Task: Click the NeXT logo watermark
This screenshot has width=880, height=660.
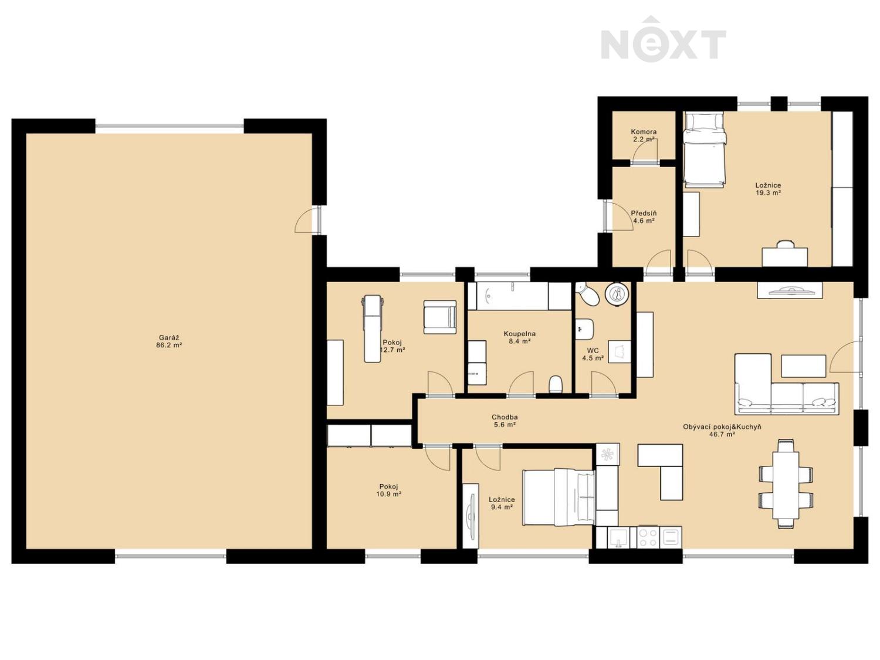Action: click(663, 40)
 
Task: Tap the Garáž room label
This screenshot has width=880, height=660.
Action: click(169, 337)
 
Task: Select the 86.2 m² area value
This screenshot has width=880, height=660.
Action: click(169, 344)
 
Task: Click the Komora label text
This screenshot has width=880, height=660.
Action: click(644, 132)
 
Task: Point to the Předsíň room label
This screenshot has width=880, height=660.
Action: click(644, 213)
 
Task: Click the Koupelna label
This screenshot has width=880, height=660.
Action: click(520, 334)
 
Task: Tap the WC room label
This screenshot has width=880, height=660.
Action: click(593, 351)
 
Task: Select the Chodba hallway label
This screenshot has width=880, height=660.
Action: click(505, 417)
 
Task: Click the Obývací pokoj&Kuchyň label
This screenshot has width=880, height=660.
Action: click(722, 427)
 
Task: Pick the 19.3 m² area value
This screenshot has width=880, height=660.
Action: click(768, 193)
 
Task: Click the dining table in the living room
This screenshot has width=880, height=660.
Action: click(786, 485)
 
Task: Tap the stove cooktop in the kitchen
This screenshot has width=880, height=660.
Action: click(648, 537)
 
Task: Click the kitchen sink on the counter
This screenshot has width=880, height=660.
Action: click(619, 538)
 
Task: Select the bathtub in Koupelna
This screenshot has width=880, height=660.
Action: click(507, 296)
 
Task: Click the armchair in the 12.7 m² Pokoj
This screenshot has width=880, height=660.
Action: click(440, 317)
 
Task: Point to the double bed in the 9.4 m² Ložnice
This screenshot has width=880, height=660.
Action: click(558, 497)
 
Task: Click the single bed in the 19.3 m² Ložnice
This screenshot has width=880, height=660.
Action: click(705, 150)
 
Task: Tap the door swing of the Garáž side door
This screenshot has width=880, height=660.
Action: click(303, 221)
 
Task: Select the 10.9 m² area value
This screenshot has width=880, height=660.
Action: click(388, 494)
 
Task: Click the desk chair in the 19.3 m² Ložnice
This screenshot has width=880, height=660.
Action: click(785, 244)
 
